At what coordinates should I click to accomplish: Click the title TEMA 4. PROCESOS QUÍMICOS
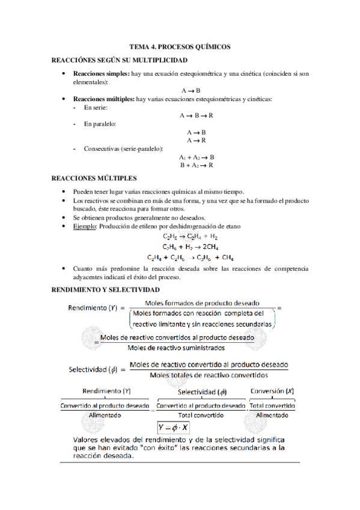pyautogui.click(x=180, y=47)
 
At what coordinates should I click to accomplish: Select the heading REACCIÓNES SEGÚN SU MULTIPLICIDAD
pyautogui.click(x=120, y=60)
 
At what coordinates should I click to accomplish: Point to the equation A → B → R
pyautogui.click(x=197, y=114)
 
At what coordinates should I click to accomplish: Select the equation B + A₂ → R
pyautogui.click(x=197, y=165)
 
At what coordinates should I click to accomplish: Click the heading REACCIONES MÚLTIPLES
pyautogui.click(x=94, y=178)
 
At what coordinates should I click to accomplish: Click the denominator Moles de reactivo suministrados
pyautogui.click(x=176, y=348)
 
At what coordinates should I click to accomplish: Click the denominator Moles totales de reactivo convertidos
pyautogui.click(x=208, y=375)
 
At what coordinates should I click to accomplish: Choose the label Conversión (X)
pyautogui.click(x=272, y=391)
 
